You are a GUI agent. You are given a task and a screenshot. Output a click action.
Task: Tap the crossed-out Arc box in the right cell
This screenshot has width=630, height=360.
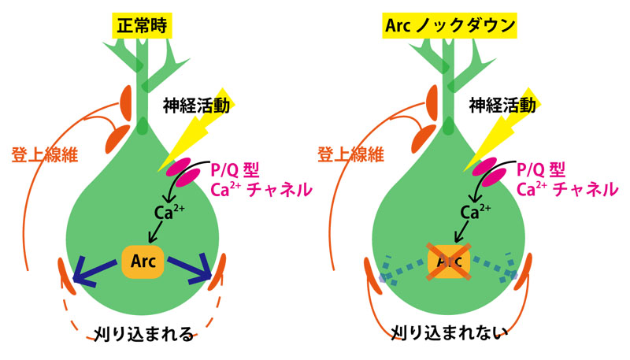pyautogui.click(x=447, y=261)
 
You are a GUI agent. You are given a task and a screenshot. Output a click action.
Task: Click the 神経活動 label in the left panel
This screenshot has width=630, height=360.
pyautogui.click(x=197, y=105)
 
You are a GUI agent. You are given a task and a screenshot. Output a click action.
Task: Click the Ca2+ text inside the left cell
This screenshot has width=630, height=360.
pyautogui.click(x=169, y=211)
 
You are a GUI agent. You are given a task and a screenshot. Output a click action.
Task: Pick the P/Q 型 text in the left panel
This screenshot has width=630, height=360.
pyautogui.click(x=236, y=169)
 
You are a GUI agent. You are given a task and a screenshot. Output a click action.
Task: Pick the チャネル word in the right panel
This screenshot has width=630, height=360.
pyautogui.click(x=587, y=189)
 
